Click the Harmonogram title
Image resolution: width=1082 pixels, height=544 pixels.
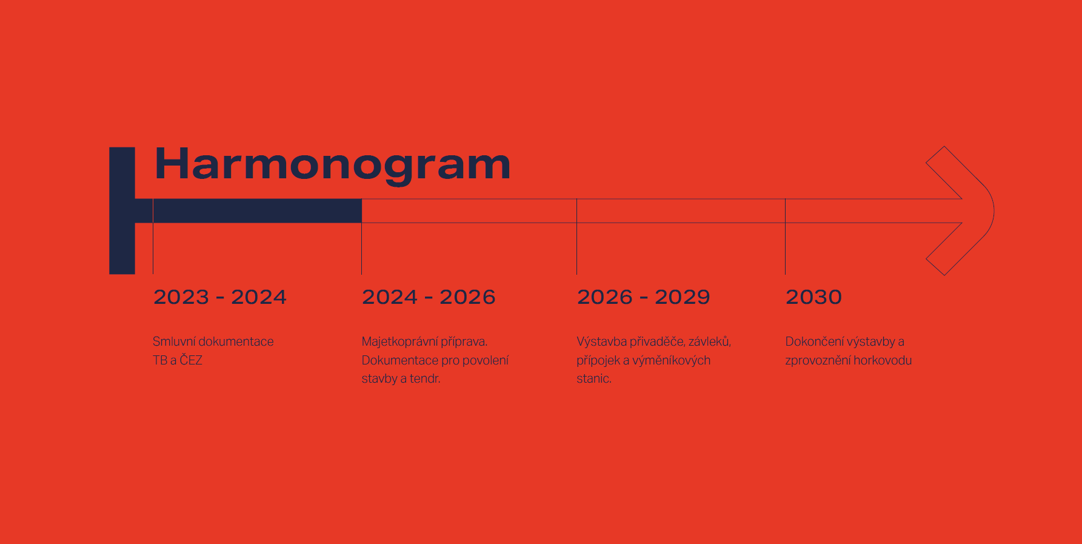pos(333,165)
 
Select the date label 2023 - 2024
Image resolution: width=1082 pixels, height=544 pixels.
pos(220,297)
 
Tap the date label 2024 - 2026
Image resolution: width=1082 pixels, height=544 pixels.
pos(429,297)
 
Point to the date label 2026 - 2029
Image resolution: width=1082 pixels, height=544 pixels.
pos(643,297)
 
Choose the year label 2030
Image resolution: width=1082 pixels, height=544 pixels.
pos(813,297)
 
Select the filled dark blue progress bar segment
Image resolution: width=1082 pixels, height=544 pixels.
pos(258,211)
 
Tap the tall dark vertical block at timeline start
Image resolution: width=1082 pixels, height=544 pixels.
pos(122,210)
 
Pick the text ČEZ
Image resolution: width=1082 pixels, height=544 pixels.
pos(191,360)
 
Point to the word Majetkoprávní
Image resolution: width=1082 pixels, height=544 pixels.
pos(399,342)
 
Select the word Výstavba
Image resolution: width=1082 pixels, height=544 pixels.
pos(602,341)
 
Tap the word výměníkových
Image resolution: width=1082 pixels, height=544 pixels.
pos(672,360)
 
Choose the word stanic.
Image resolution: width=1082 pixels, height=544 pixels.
pos(594,378)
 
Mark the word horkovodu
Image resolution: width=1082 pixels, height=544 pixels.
pos(882,360)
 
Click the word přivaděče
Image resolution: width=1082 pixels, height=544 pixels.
pos(657,342)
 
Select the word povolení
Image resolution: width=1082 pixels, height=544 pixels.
pos(486,360)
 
